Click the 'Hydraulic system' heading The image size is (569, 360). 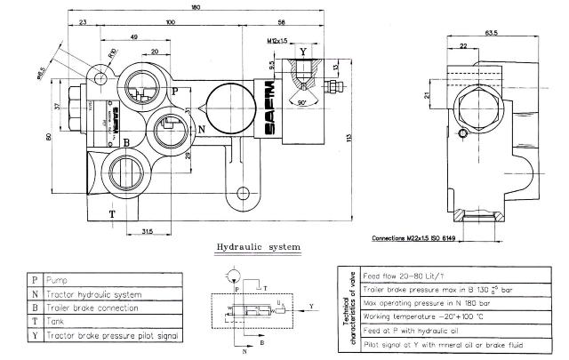click(x=259, y=246)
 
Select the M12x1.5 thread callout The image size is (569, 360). click(x=278, y=41)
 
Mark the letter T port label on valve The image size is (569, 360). click(x=112, y=214)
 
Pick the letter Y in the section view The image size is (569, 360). click(x=303, y=51)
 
